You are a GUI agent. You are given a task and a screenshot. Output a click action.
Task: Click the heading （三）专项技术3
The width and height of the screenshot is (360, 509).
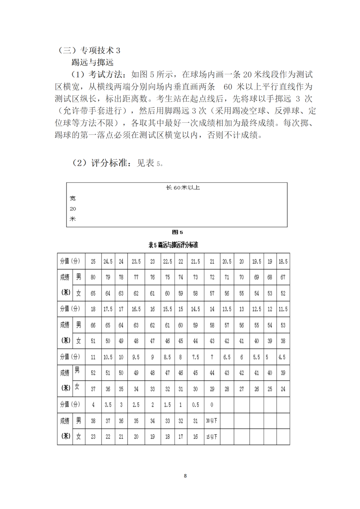89,50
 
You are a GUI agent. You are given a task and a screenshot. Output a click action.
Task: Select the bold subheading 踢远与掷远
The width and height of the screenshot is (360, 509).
92,62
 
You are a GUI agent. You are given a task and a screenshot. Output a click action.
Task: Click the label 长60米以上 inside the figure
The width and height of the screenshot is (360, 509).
183,188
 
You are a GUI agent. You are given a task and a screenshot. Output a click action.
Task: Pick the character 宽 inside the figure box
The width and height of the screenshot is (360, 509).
73,198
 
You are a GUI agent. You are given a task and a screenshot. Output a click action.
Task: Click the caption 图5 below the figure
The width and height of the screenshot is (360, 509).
177,232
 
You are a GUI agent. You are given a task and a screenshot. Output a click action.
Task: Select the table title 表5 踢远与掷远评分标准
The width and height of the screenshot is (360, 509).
173,245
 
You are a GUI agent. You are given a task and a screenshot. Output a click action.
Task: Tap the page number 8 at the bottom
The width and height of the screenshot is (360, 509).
185,476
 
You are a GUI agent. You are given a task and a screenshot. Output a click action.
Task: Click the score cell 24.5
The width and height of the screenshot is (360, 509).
108,261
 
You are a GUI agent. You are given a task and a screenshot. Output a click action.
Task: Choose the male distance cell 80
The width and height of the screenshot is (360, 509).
93,277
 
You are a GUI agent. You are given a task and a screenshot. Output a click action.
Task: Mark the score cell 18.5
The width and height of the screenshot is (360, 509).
283,261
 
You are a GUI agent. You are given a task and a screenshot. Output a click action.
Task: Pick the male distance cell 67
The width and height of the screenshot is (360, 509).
283,277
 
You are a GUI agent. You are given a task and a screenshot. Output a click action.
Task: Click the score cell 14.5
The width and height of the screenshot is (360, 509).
195,309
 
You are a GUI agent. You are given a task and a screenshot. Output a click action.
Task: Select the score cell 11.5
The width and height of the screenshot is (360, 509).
283,309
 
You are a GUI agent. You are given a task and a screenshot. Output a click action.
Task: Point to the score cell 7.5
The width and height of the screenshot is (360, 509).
195,357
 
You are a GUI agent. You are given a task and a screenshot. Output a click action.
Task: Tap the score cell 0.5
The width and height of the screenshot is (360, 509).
195,405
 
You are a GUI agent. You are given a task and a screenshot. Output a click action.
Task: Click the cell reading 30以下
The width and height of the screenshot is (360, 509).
212,421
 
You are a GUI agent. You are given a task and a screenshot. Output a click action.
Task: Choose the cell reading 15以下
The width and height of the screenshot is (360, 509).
212,437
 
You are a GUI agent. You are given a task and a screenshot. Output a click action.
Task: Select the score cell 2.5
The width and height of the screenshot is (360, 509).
136,405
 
